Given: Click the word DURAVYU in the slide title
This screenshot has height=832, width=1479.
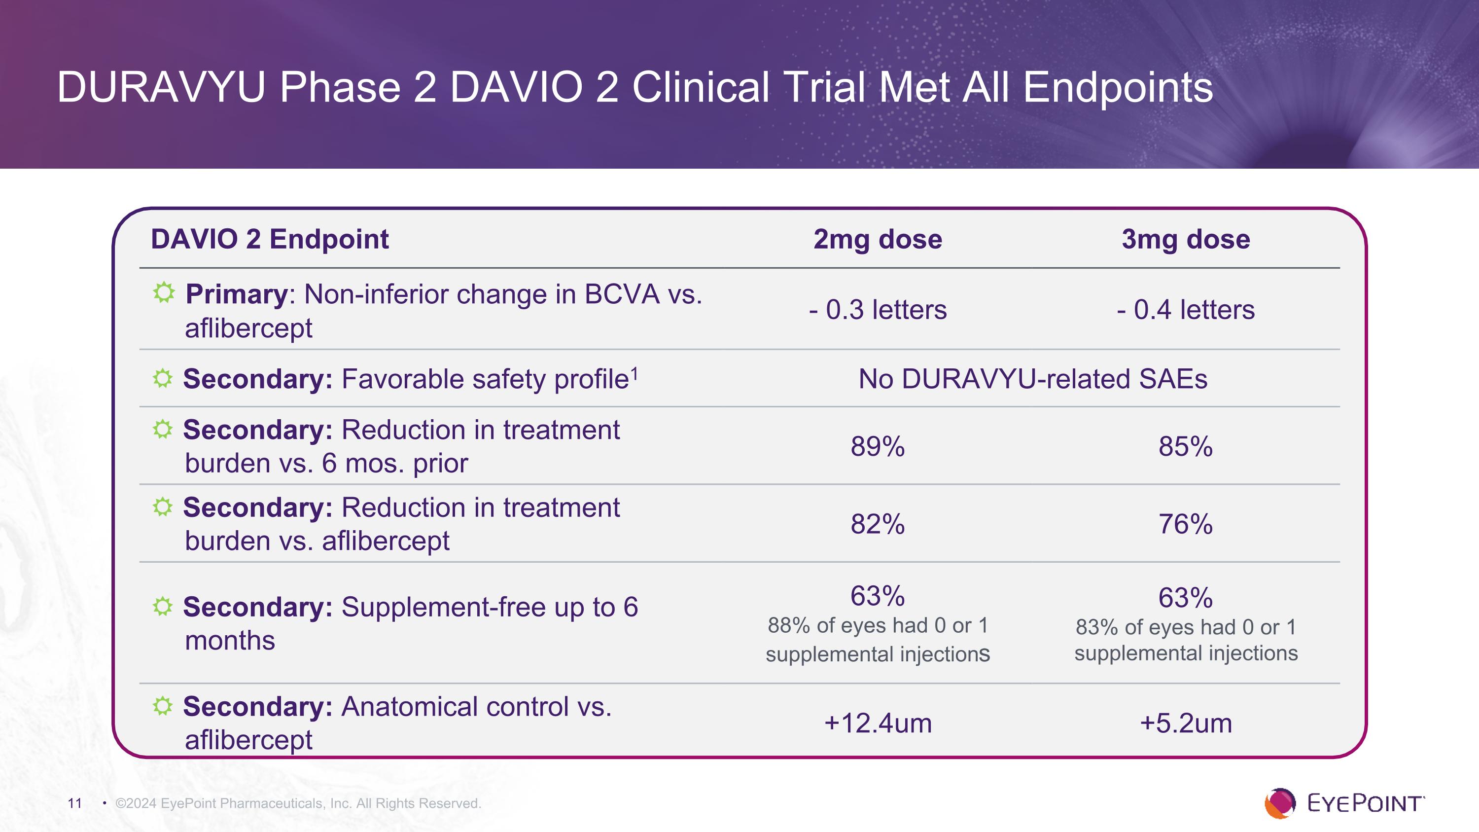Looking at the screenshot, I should click(161, 88).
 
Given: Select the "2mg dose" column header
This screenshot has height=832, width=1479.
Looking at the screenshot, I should click(878, 239).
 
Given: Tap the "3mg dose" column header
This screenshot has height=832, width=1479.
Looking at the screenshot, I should click(1186, 239).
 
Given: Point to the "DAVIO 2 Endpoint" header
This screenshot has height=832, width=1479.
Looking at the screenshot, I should click(269, 239).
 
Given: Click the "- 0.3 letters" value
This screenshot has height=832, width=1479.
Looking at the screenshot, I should click(878, 310).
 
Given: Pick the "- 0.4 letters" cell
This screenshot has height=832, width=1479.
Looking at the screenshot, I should click(1186, 310).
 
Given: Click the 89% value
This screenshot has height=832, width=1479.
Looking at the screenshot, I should click(878, 447).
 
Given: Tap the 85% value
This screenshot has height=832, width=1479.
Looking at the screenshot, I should click(1186, 447).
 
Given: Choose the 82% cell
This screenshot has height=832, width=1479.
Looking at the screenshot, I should click(878, 524).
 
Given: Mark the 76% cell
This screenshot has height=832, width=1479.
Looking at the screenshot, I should click(1186, 524).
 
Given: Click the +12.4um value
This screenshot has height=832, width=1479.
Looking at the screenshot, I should click(878, 723).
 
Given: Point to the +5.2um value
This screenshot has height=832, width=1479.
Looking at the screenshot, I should click(1186, 723).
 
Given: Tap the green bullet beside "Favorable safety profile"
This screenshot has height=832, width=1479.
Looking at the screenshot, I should click(163, 378).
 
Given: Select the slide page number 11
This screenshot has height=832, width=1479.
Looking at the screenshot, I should click(74, 803).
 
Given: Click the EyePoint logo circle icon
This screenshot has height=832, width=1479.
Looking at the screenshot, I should click(1279, 803).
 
